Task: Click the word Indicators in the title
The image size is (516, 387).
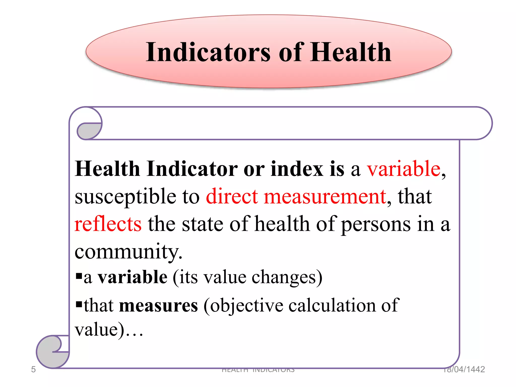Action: click(x=208, y=52)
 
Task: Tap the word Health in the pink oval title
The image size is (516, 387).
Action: click(x=350, y=52)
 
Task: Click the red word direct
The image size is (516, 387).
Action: click(x=232, y=196)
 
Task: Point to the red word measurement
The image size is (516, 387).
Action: click(x=325, y=196)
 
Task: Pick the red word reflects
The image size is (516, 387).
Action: click(x=108, y=224)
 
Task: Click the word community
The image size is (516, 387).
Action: click(x=128, y=251)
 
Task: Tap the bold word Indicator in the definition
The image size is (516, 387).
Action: click(x=192, y=169)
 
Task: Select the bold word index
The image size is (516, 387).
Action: click(x=297, y=169)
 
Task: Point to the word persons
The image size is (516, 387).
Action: click(x=376, y=224)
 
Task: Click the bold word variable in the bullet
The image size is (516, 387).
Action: click(x=133, y=277)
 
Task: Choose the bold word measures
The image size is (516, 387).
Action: click(x=158, y=305)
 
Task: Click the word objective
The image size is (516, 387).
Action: click(x=246, y=305)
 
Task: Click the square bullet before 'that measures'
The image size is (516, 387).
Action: click(x=79, y=304)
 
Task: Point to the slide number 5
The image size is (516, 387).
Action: click(x=33, y=369)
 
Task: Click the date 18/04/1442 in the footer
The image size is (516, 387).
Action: click(x=464, y=369)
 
